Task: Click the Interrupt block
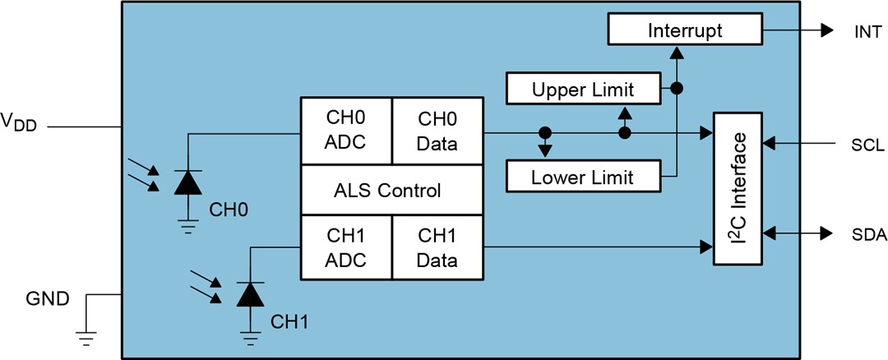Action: [x=685, y=31]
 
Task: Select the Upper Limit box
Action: [x=584, y=88]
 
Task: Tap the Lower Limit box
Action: [x=583, y=176]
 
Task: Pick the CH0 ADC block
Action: [x=345, y=132]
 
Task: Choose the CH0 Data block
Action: [x=437, y=132]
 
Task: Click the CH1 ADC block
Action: [x=345, y=247]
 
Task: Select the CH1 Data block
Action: [x=437, y=247]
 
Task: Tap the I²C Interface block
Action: [x=738, y=187]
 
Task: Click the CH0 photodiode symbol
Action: [x=187, y=182]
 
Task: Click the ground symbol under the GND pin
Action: [x=86, y=335]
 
